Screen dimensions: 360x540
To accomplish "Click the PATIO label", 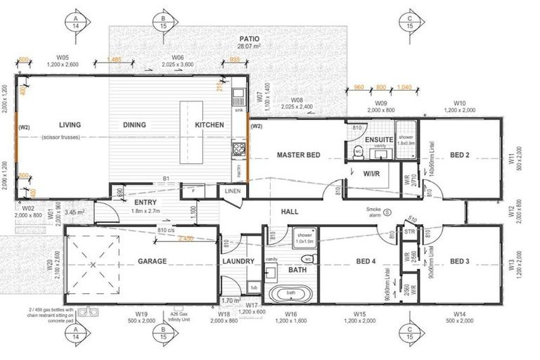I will tap(250, 39).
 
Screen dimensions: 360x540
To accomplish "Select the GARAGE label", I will tap(152, 262).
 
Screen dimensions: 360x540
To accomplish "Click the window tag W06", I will tap(178, 56).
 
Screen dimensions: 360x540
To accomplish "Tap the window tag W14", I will tap(460, 314).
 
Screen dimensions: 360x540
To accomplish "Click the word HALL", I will tap(290, 211).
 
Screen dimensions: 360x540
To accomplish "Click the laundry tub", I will tap(252, 287).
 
